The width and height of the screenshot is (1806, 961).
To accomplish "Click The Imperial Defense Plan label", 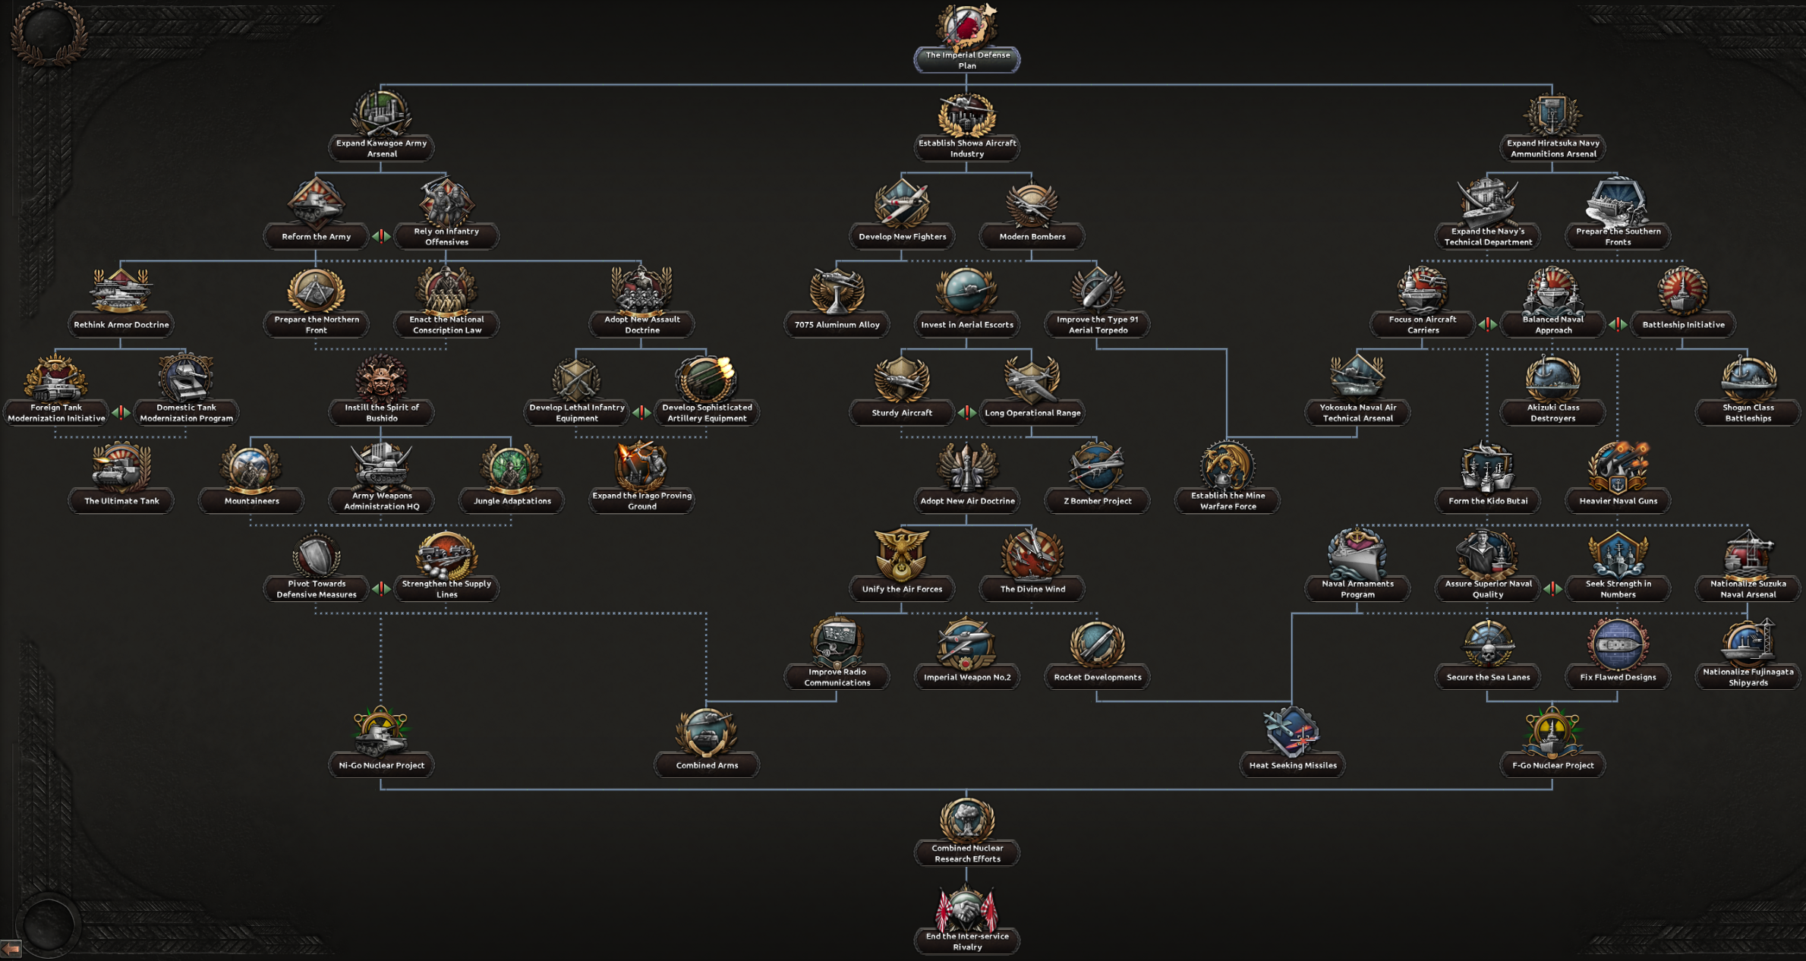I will [x=966, y=60].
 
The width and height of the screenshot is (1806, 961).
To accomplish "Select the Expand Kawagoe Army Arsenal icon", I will [x=381, y=114].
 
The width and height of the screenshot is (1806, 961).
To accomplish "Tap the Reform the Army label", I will [x=316, y=237].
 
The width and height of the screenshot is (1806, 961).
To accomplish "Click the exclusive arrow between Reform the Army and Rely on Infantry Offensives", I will [x=381, y=237].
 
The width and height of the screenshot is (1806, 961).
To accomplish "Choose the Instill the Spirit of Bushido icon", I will [x=381, y=378].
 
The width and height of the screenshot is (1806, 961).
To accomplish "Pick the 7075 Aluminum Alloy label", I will [x=837, y=325].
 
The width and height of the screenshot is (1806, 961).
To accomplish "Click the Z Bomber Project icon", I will [x=1097, y=466].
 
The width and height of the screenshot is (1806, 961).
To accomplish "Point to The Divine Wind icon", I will [x=1032, y=554].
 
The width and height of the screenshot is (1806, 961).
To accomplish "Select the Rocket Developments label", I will [x=1097, y=677].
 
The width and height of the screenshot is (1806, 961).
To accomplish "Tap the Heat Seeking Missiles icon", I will [x=1292, y=731].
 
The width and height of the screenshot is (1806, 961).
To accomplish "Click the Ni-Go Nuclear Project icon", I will [x=381, y=731].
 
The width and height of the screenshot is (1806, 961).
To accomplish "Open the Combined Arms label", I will [x=707, y=765].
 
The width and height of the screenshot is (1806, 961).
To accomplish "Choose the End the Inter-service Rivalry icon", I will [x=966, y=908].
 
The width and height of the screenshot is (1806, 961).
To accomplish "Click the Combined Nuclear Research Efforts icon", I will [x=966, y=819].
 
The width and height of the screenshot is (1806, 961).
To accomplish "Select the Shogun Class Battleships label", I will [x=1748, y=413].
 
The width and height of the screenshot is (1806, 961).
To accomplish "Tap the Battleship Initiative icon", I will [x=1683, y=290].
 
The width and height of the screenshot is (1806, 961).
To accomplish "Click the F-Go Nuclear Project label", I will [x=1552, y=765].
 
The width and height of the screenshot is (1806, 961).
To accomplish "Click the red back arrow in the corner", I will [x=11, y=949].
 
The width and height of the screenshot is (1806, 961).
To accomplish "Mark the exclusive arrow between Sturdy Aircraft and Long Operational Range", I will [x=966, y=413].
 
